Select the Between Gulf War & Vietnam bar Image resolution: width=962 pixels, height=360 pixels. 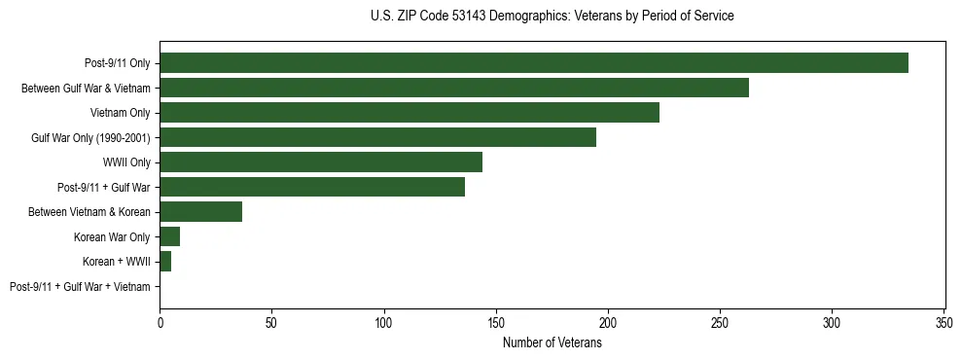tap(453, 89)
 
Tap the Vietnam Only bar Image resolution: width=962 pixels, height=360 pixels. tap(409, 113)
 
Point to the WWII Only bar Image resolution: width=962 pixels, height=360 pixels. tap(320, 162)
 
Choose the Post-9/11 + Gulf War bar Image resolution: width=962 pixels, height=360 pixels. tap(311, 187)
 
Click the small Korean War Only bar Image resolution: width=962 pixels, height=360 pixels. tap(169, 236)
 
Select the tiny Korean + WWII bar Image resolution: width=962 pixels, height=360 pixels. tap(165, 262)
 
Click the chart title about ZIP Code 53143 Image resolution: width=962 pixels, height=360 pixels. tap(552, 17)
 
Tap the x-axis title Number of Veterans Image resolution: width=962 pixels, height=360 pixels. tap(552, 342)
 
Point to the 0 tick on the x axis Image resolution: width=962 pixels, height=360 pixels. tap(160, 321)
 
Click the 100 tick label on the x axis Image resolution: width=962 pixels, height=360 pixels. tap(384, 321)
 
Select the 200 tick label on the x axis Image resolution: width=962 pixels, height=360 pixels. tap(608, 321)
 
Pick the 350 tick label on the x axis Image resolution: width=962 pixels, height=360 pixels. tap(944, 321)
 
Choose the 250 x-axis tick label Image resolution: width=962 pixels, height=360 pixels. tap(720, 321)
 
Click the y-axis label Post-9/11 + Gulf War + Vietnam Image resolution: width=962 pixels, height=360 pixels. tap(80, 287)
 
